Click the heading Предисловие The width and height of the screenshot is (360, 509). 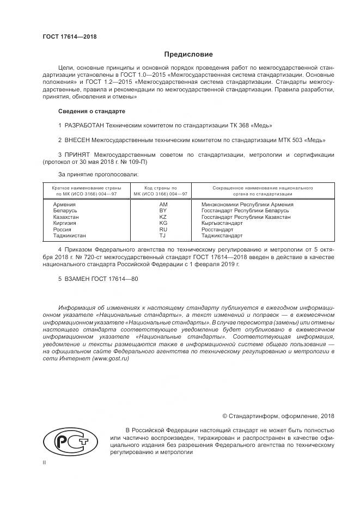point(188,54)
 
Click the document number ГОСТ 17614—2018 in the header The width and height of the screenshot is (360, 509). point(70,36)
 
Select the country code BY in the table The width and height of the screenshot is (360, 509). point(162,210)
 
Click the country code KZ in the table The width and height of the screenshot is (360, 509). point(162,217)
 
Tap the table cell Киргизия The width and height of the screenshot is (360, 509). point(65,223)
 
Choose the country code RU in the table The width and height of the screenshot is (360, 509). point(162,230)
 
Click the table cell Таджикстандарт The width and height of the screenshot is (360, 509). point(222,236)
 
